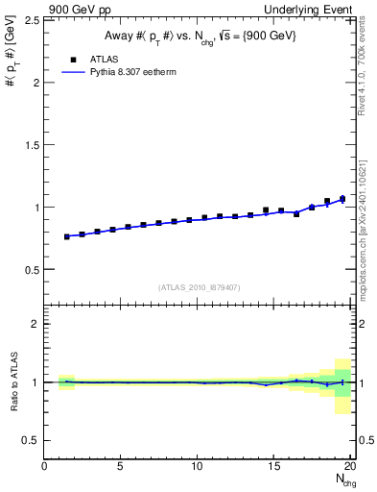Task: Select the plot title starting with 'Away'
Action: pyautogui.click(x=200, y=36)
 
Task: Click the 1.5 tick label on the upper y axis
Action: pyautogui.click(x=31, y=145)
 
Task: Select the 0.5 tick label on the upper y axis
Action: pyautogui.click(x=31, y=270)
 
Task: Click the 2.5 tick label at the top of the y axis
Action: pyautogui.click(x=31, y=20)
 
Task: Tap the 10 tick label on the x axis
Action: pyautogui.click(x=198, y=467)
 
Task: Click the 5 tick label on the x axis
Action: pyautogui.click(x=121, y=467)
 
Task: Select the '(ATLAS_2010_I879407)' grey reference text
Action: pyautogui.click(x=200, y=286)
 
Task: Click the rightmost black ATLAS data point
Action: pyautogui.click(x=342, y=199)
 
